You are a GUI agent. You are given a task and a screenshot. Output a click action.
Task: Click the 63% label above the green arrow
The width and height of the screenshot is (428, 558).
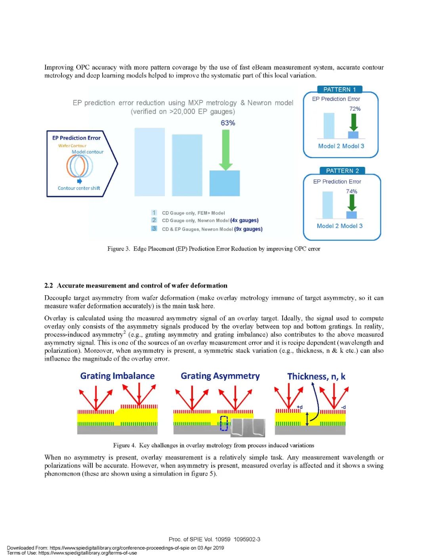point(228,123)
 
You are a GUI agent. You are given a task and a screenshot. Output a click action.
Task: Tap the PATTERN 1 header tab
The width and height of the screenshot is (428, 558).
point(340,90)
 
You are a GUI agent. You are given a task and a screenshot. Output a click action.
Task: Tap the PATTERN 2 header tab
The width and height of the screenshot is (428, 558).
point(342,171)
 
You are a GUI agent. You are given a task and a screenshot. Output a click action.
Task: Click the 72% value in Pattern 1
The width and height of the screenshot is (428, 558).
point(355,109)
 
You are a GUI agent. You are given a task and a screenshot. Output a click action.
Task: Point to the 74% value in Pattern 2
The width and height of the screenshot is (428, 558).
point(352,191)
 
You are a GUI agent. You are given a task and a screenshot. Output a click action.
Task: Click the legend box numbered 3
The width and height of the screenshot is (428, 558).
point(154,228)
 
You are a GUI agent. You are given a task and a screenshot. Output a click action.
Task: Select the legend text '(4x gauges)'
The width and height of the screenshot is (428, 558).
point(244,220)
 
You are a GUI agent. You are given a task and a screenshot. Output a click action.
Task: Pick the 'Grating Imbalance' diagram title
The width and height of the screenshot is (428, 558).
point(117,376)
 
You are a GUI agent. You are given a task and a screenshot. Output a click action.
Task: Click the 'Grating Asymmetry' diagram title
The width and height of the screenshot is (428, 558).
point(220,376)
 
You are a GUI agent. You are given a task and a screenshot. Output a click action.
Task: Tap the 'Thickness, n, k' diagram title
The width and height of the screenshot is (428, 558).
point(316,376)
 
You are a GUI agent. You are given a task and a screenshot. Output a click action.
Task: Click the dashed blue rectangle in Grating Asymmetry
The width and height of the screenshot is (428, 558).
point(224,423)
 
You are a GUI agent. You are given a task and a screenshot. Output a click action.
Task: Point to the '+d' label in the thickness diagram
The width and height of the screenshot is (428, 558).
point(300,407)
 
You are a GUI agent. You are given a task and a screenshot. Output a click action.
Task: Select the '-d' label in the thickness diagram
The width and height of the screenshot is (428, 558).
point(343,407)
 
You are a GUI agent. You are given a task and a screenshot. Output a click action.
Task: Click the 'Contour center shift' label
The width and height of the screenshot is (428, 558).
point(79,188)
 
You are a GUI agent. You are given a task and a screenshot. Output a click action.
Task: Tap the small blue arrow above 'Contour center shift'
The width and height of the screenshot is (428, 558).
point(79,181)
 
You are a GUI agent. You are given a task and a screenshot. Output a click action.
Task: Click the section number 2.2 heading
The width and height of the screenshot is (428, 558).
point(49,285)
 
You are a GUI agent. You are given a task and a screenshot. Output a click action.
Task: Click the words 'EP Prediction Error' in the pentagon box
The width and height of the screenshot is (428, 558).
point(76,138)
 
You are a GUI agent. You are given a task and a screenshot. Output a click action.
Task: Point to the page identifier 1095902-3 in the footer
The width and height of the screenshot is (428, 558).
point(247,539)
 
